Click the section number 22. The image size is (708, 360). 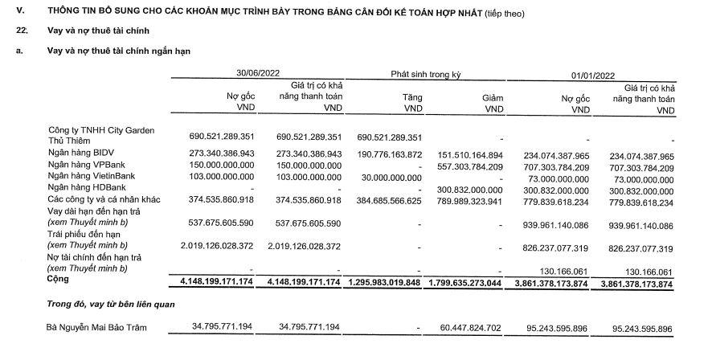23,30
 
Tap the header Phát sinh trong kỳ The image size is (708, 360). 425,74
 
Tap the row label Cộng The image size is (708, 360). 59,280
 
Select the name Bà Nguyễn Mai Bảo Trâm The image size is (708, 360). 98,328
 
